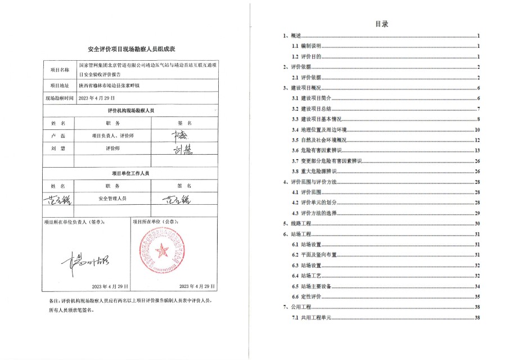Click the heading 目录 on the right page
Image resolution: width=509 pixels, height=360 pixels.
382,24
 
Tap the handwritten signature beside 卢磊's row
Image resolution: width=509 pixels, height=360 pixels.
180,136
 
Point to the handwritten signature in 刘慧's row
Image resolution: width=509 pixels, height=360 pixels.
180,148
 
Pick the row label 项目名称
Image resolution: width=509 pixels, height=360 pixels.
60,70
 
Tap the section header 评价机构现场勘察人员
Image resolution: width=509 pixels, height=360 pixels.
130,111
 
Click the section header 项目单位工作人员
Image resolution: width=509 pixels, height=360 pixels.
130,174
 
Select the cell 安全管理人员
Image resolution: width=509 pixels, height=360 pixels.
112,199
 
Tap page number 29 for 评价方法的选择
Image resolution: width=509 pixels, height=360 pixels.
477,213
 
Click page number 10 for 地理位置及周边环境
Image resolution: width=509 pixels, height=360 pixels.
476,129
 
